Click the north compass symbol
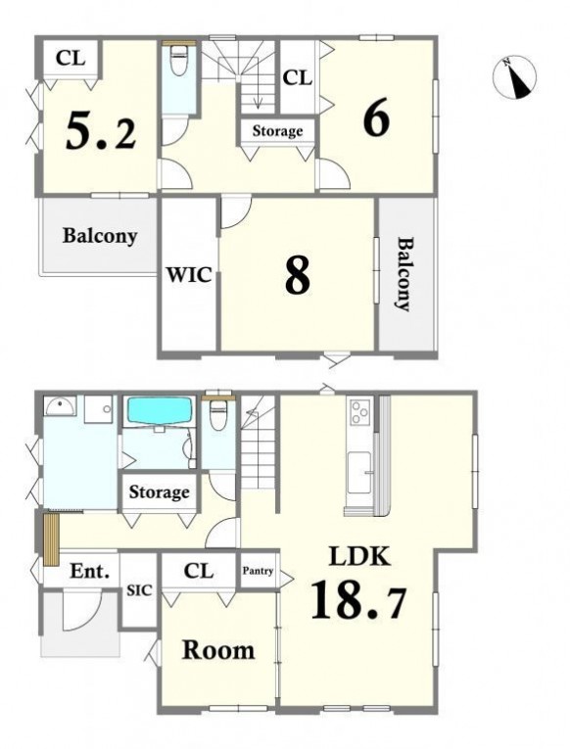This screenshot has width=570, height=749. point(514,78)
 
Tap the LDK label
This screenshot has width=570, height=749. point(359,556)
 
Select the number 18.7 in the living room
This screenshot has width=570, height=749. point(358,599)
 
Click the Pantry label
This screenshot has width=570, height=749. point(258,571)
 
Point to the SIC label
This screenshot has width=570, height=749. point(139,590)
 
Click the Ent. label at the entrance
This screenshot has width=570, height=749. point(90,571)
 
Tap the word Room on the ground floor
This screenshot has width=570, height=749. point(218,650)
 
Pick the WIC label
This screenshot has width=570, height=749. point(189,275)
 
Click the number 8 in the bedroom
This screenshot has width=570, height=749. point(297,276)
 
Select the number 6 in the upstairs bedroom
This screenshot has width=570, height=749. point(376,118)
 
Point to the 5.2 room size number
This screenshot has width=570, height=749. point(101,130)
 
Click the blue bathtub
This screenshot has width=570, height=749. point(158,411)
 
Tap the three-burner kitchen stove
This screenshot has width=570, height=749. point(360,412)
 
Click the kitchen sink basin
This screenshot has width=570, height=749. point(359,473)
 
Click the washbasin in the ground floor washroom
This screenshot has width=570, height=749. point(59,407)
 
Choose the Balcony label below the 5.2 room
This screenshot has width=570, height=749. point(100,237)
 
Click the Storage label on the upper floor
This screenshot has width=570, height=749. point(277,131)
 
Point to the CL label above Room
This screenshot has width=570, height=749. point(198,571)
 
